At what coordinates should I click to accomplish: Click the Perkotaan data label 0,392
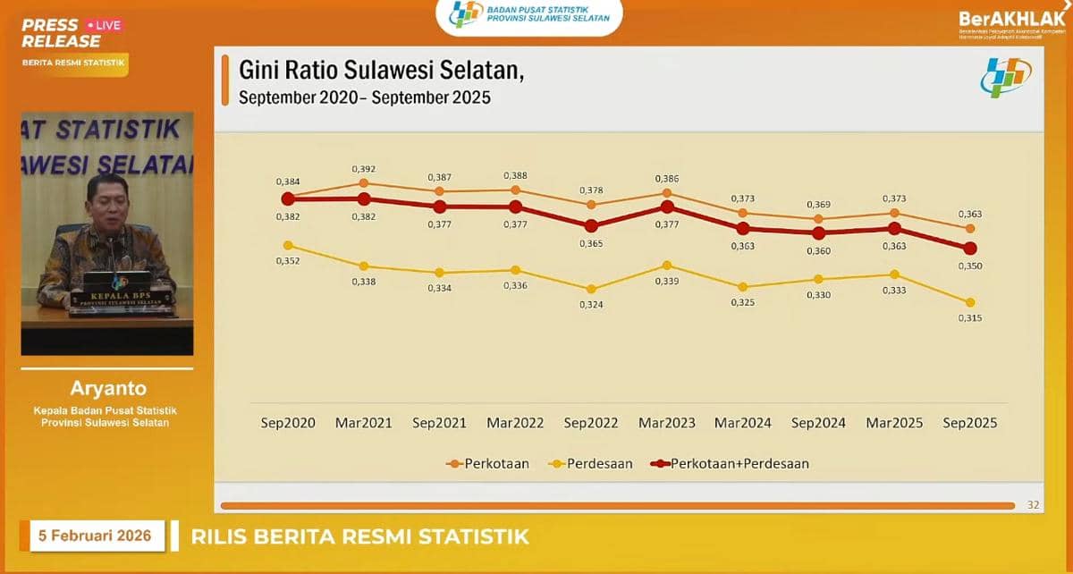click(x=363, y=168)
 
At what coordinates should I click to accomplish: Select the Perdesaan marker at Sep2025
click(x=970, y=302)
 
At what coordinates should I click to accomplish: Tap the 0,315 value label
click(x=970, y=318)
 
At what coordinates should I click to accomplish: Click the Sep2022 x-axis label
click(x=591, y=423)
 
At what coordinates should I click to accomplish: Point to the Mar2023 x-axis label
click(x=667, y=423)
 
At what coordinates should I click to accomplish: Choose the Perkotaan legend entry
click(x=487, y=464)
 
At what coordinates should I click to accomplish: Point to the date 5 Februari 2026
click(x=95, y=536)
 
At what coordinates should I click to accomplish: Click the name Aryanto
click(x=106, y=389)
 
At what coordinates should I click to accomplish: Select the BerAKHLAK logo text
click(x=1011, y=19)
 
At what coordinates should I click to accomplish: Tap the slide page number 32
click(x=1033, y=505)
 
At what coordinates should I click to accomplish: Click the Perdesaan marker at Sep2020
click(x=288, y=245)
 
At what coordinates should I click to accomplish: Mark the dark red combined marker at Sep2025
click(x=970, y=248)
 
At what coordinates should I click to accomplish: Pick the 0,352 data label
click(x=288, y=261)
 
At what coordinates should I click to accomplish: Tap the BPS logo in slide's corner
click(x=1006, y=79)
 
